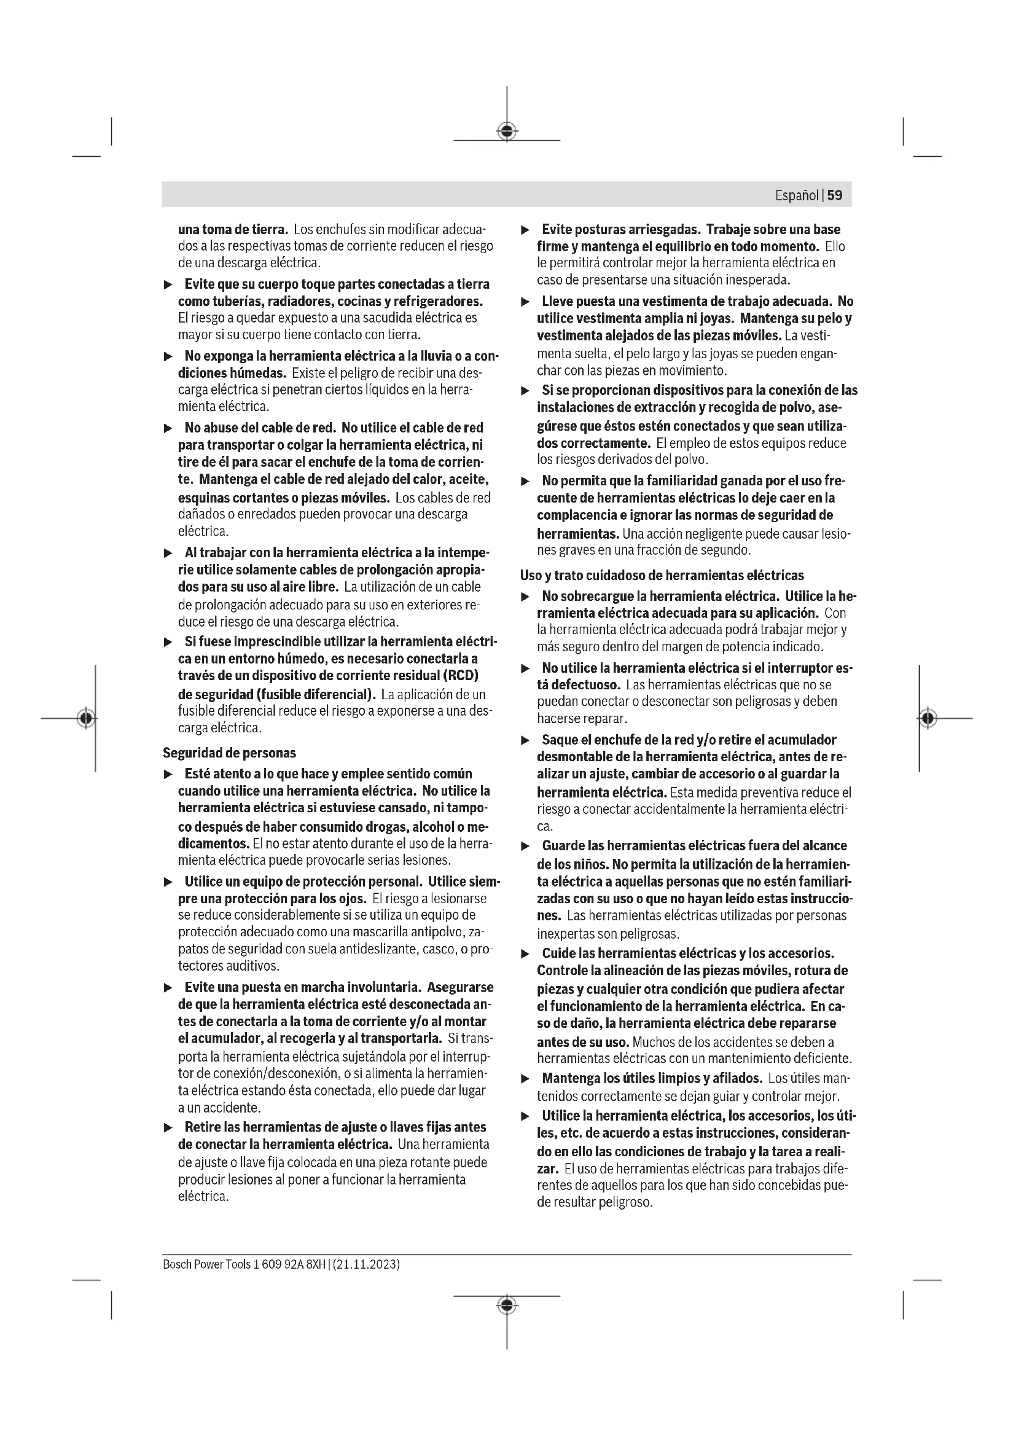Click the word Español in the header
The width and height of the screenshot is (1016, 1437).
[797, 195]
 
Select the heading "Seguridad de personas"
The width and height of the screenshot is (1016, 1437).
[229, 753]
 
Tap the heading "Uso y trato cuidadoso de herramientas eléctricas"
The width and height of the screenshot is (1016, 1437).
[662, 575]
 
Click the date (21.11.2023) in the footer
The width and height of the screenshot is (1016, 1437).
[366, 1265]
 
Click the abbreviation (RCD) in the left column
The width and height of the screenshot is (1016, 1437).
[461, 676]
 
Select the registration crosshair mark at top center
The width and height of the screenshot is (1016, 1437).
[507, 131]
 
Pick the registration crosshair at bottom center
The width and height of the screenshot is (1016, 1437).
[507, 1305]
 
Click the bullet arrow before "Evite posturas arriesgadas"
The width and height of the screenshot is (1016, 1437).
[526, 230]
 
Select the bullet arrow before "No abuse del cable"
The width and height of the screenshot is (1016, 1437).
[168, 429]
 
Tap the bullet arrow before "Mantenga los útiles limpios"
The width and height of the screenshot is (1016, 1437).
[526, 1079]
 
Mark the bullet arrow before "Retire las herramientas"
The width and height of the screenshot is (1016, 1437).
[168, 1128]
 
